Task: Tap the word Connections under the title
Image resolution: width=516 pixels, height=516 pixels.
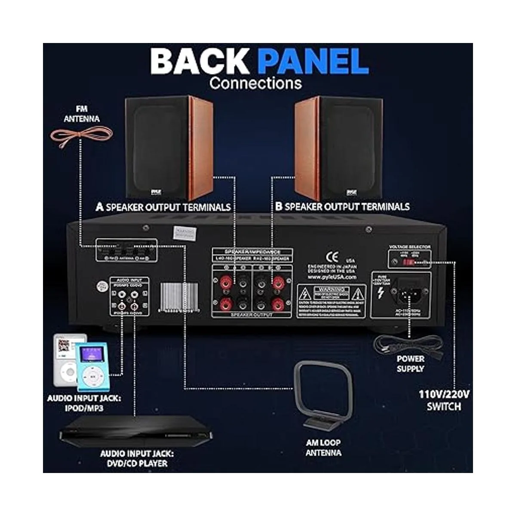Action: point(255,83)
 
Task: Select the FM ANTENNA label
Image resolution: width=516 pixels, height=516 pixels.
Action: point(81,114)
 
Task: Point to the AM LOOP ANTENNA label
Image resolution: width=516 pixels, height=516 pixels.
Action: point(323,447)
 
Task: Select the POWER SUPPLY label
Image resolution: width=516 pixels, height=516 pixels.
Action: point(410,364)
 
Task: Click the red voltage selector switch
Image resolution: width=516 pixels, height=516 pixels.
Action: point(410,262)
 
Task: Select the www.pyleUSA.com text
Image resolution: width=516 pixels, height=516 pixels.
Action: point(332,277)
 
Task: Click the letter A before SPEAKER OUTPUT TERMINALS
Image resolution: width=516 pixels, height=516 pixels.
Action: point(100,207)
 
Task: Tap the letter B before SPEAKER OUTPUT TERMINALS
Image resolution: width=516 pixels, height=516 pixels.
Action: point(279,207)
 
